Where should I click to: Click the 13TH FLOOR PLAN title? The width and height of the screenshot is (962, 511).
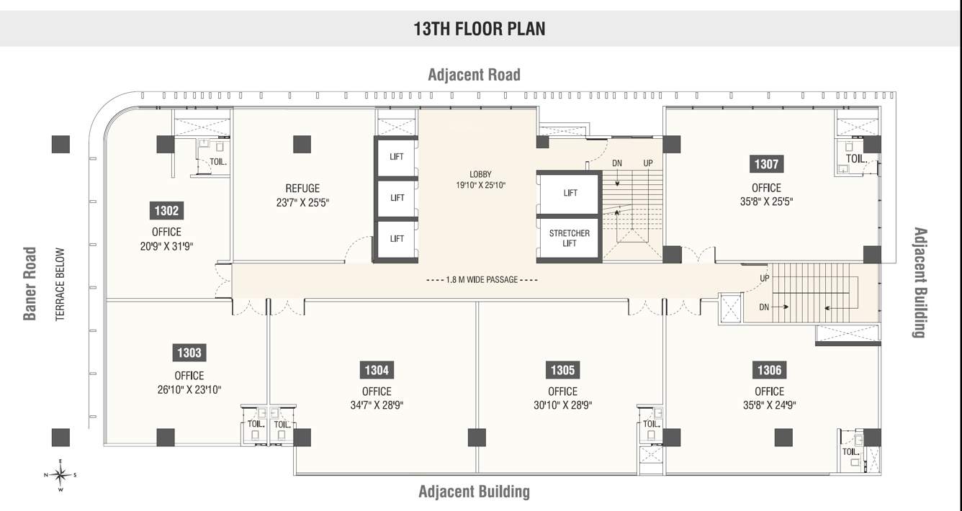point(479,29)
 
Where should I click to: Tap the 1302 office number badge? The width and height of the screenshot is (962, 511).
point(166,211)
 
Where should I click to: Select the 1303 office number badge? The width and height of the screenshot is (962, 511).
point(189,353)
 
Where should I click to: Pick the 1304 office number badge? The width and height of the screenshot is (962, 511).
point(377,370)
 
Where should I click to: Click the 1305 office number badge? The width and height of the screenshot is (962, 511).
point(562,370)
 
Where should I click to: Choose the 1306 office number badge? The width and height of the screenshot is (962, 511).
point(769,370)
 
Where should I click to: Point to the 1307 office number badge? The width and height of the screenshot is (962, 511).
point(766,164)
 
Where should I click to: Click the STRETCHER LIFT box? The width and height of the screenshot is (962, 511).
point(569,238)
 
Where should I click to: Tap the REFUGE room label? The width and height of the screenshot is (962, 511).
point(302,189)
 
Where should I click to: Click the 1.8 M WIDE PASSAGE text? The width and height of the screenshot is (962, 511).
point(482,279)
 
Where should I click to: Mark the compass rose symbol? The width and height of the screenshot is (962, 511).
point(61,474)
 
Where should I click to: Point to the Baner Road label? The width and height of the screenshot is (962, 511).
point(30,284)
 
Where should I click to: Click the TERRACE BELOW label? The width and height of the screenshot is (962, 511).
point(60,284)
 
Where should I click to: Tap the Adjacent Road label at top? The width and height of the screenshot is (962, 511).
point(474,75)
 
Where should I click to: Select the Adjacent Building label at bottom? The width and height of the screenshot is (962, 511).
point(474,492)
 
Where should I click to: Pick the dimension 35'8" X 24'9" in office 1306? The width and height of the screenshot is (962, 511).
point(769,404)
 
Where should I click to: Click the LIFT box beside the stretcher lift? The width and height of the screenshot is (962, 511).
point(570,193)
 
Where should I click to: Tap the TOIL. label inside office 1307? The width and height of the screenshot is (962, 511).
point(855,158)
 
